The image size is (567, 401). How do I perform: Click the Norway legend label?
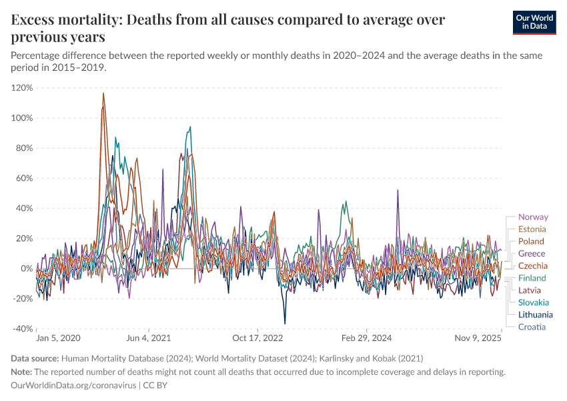(533, 217)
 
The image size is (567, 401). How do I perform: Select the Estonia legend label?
(532, 229)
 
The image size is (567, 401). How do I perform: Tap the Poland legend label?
(531, 241)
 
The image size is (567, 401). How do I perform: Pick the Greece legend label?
(532, 253)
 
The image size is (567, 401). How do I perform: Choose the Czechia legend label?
(533, 265)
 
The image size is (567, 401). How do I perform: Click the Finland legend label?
(532, 278)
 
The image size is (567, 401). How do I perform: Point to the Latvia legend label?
(530, 290)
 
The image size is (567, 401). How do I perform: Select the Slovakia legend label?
(534, 302)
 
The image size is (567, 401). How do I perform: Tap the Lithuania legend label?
(535, 314)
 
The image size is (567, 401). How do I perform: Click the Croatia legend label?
(532, 327)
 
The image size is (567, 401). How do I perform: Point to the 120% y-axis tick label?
(22, 88)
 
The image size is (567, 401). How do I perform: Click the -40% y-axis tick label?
(22, 329)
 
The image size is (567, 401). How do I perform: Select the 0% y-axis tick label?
(27, 269)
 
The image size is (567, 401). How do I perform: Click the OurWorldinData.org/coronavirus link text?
(73, 386)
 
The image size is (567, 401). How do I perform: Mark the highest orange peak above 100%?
(103, 94)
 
